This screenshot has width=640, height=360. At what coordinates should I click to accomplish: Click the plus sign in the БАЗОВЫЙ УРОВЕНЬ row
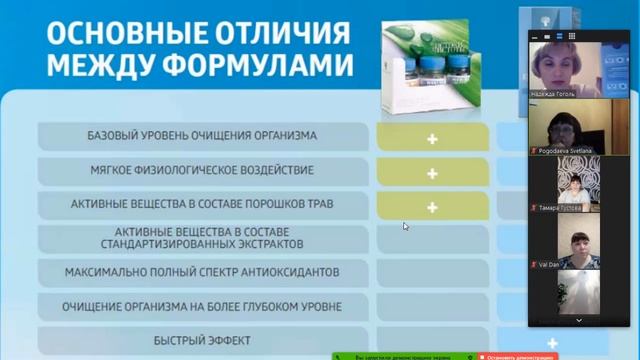click(432, 138)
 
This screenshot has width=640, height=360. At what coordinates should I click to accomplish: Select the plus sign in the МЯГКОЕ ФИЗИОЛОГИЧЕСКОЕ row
click(432, 173)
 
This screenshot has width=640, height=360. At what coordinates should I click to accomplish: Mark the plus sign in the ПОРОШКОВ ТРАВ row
click(432, 207)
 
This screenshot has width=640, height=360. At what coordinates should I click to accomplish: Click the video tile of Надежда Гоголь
click(565, 62)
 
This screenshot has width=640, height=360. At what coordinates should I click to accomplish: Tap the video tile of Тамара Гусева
click(565, 184)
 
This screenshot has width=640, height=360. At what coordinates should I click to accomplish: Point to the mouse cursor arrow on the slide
click(405, 226)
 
